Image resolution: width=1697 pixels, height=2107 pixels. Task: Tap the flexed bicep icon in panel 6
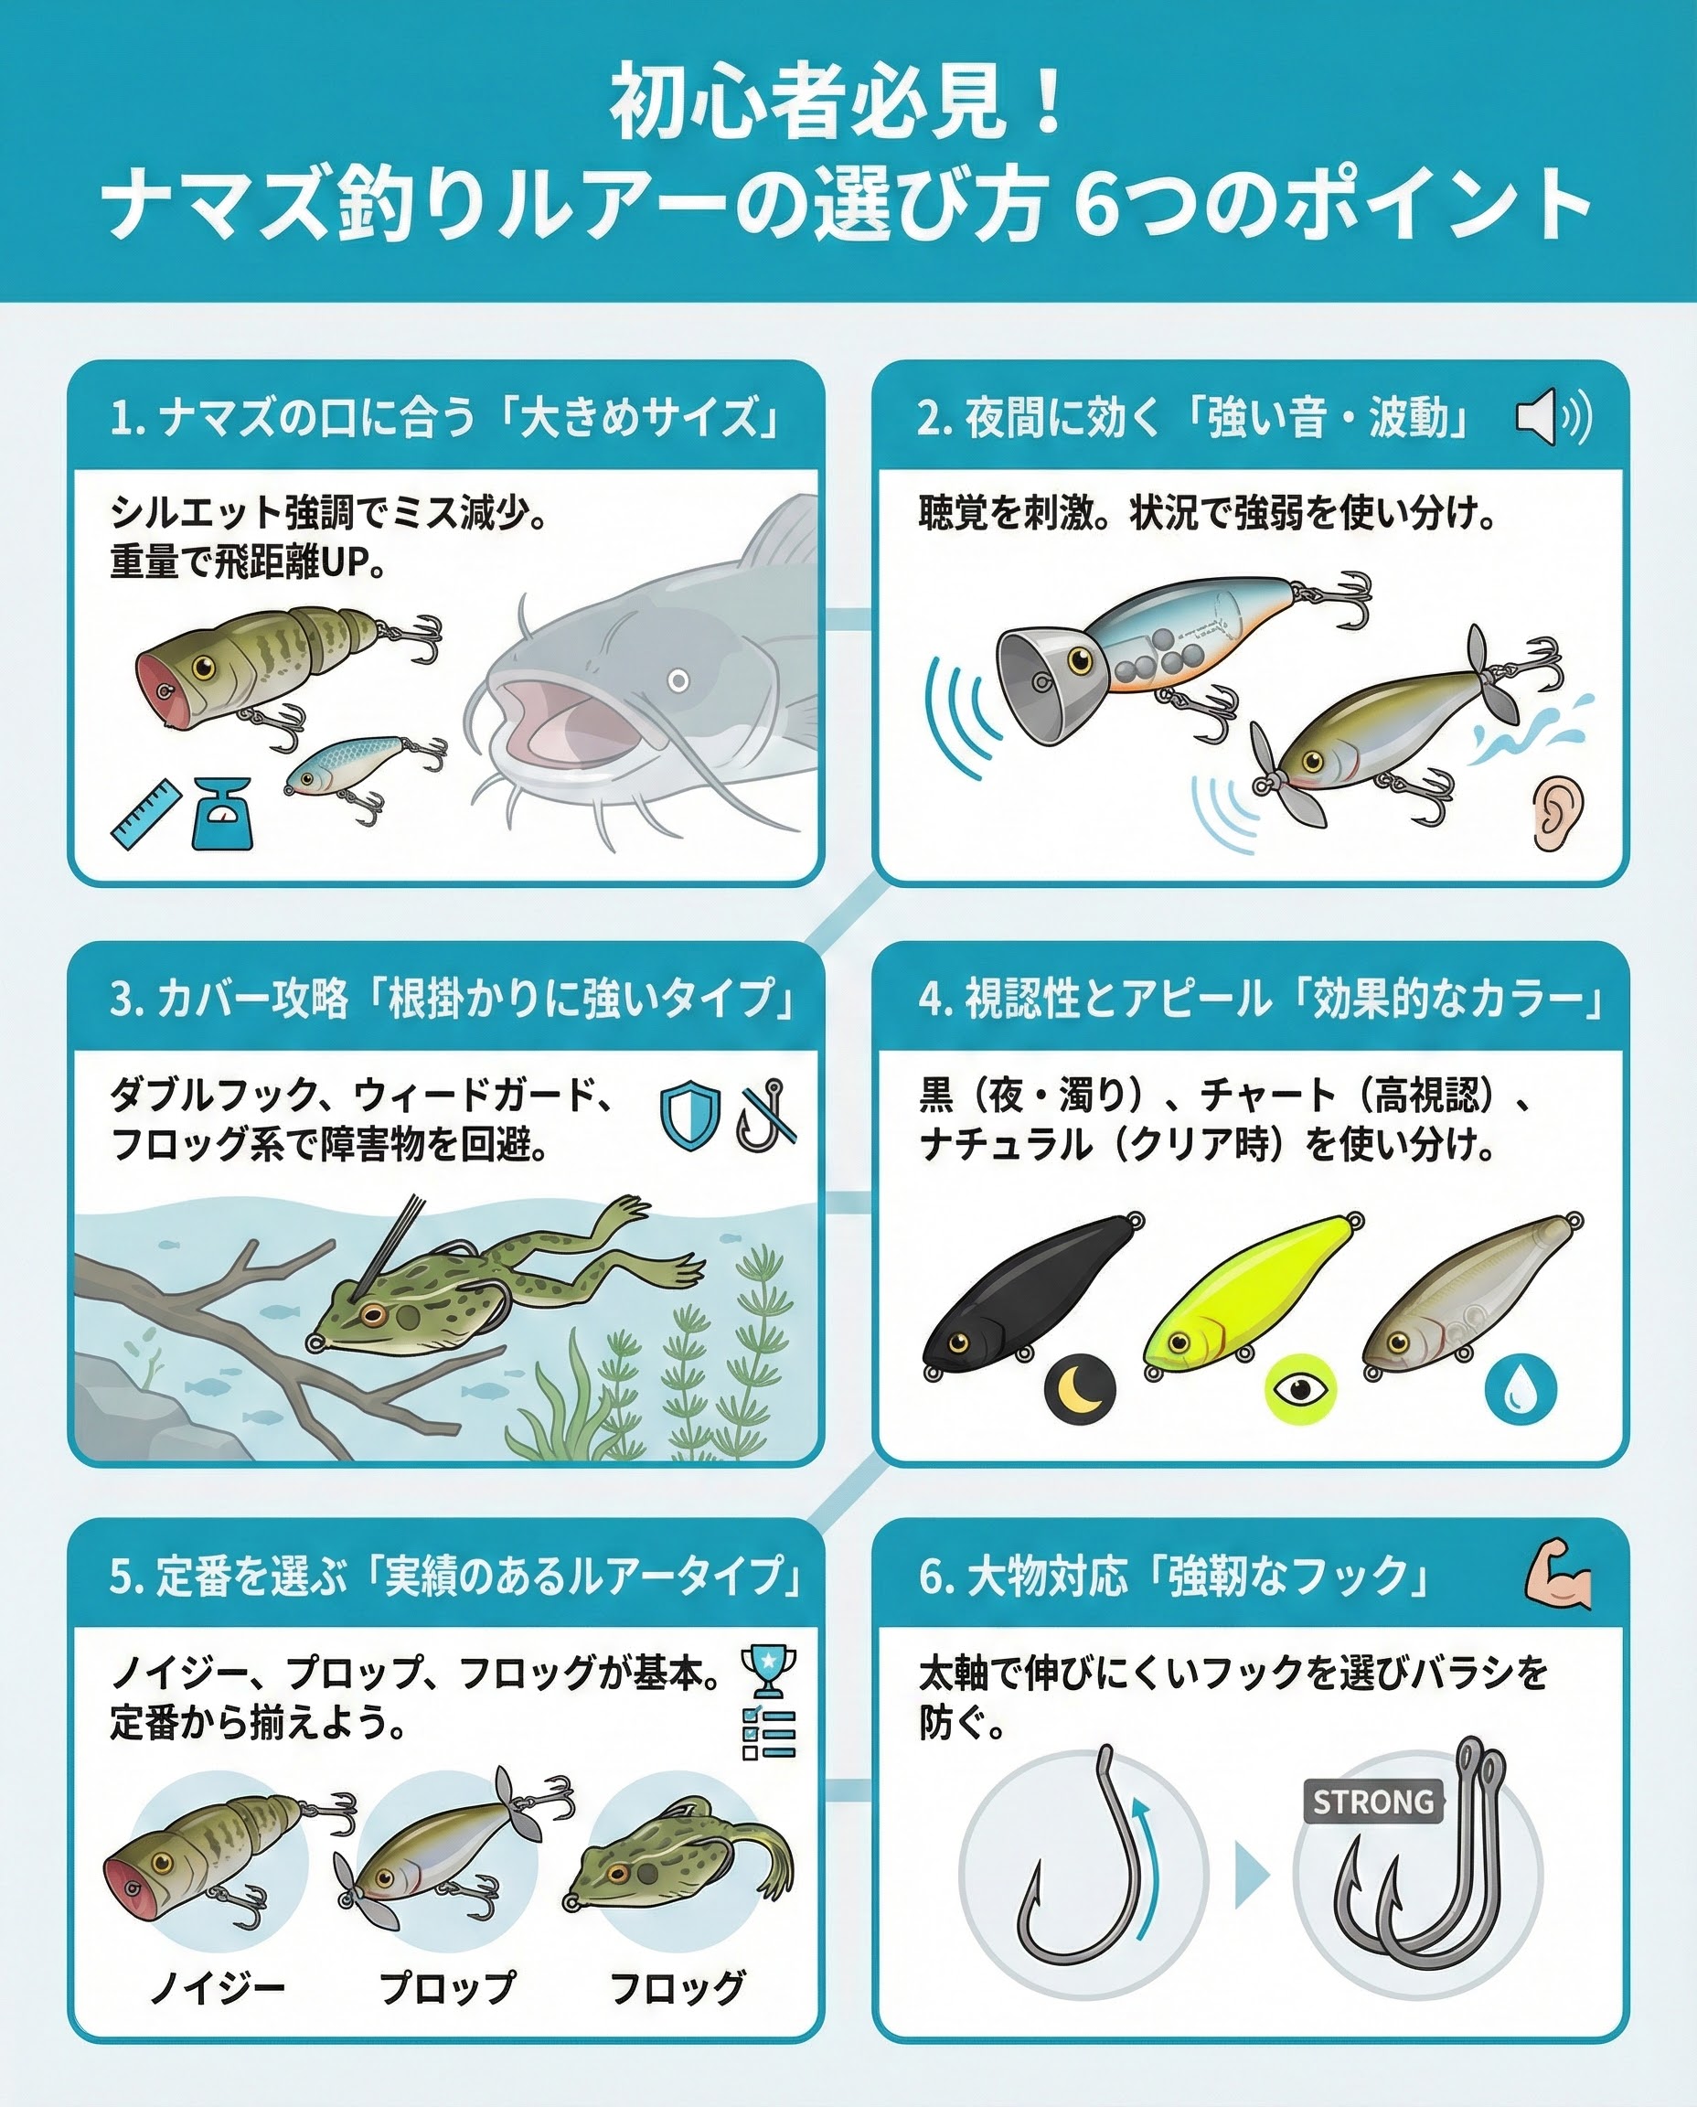pyautogui.click(x=1559, y=1575)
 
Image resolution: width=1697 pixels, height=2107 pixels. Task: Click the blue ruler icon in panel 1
pyautogui.click(x=146, y=815)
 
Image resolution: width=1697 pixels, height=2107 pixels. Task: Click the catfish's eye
pyautogui.click(x=678, y=679)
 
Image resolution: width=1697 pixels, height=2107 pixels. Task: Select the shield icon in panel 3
pyautogui.click(x=690, y=1115)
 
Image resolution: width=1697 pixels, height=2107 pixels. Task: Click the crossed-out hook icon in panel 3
pyautogui.click(x=766, y=1115)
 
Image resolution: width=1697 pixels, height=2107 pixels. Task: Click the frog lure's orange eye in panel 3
pyautogui.click(x=372, y=1314)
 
